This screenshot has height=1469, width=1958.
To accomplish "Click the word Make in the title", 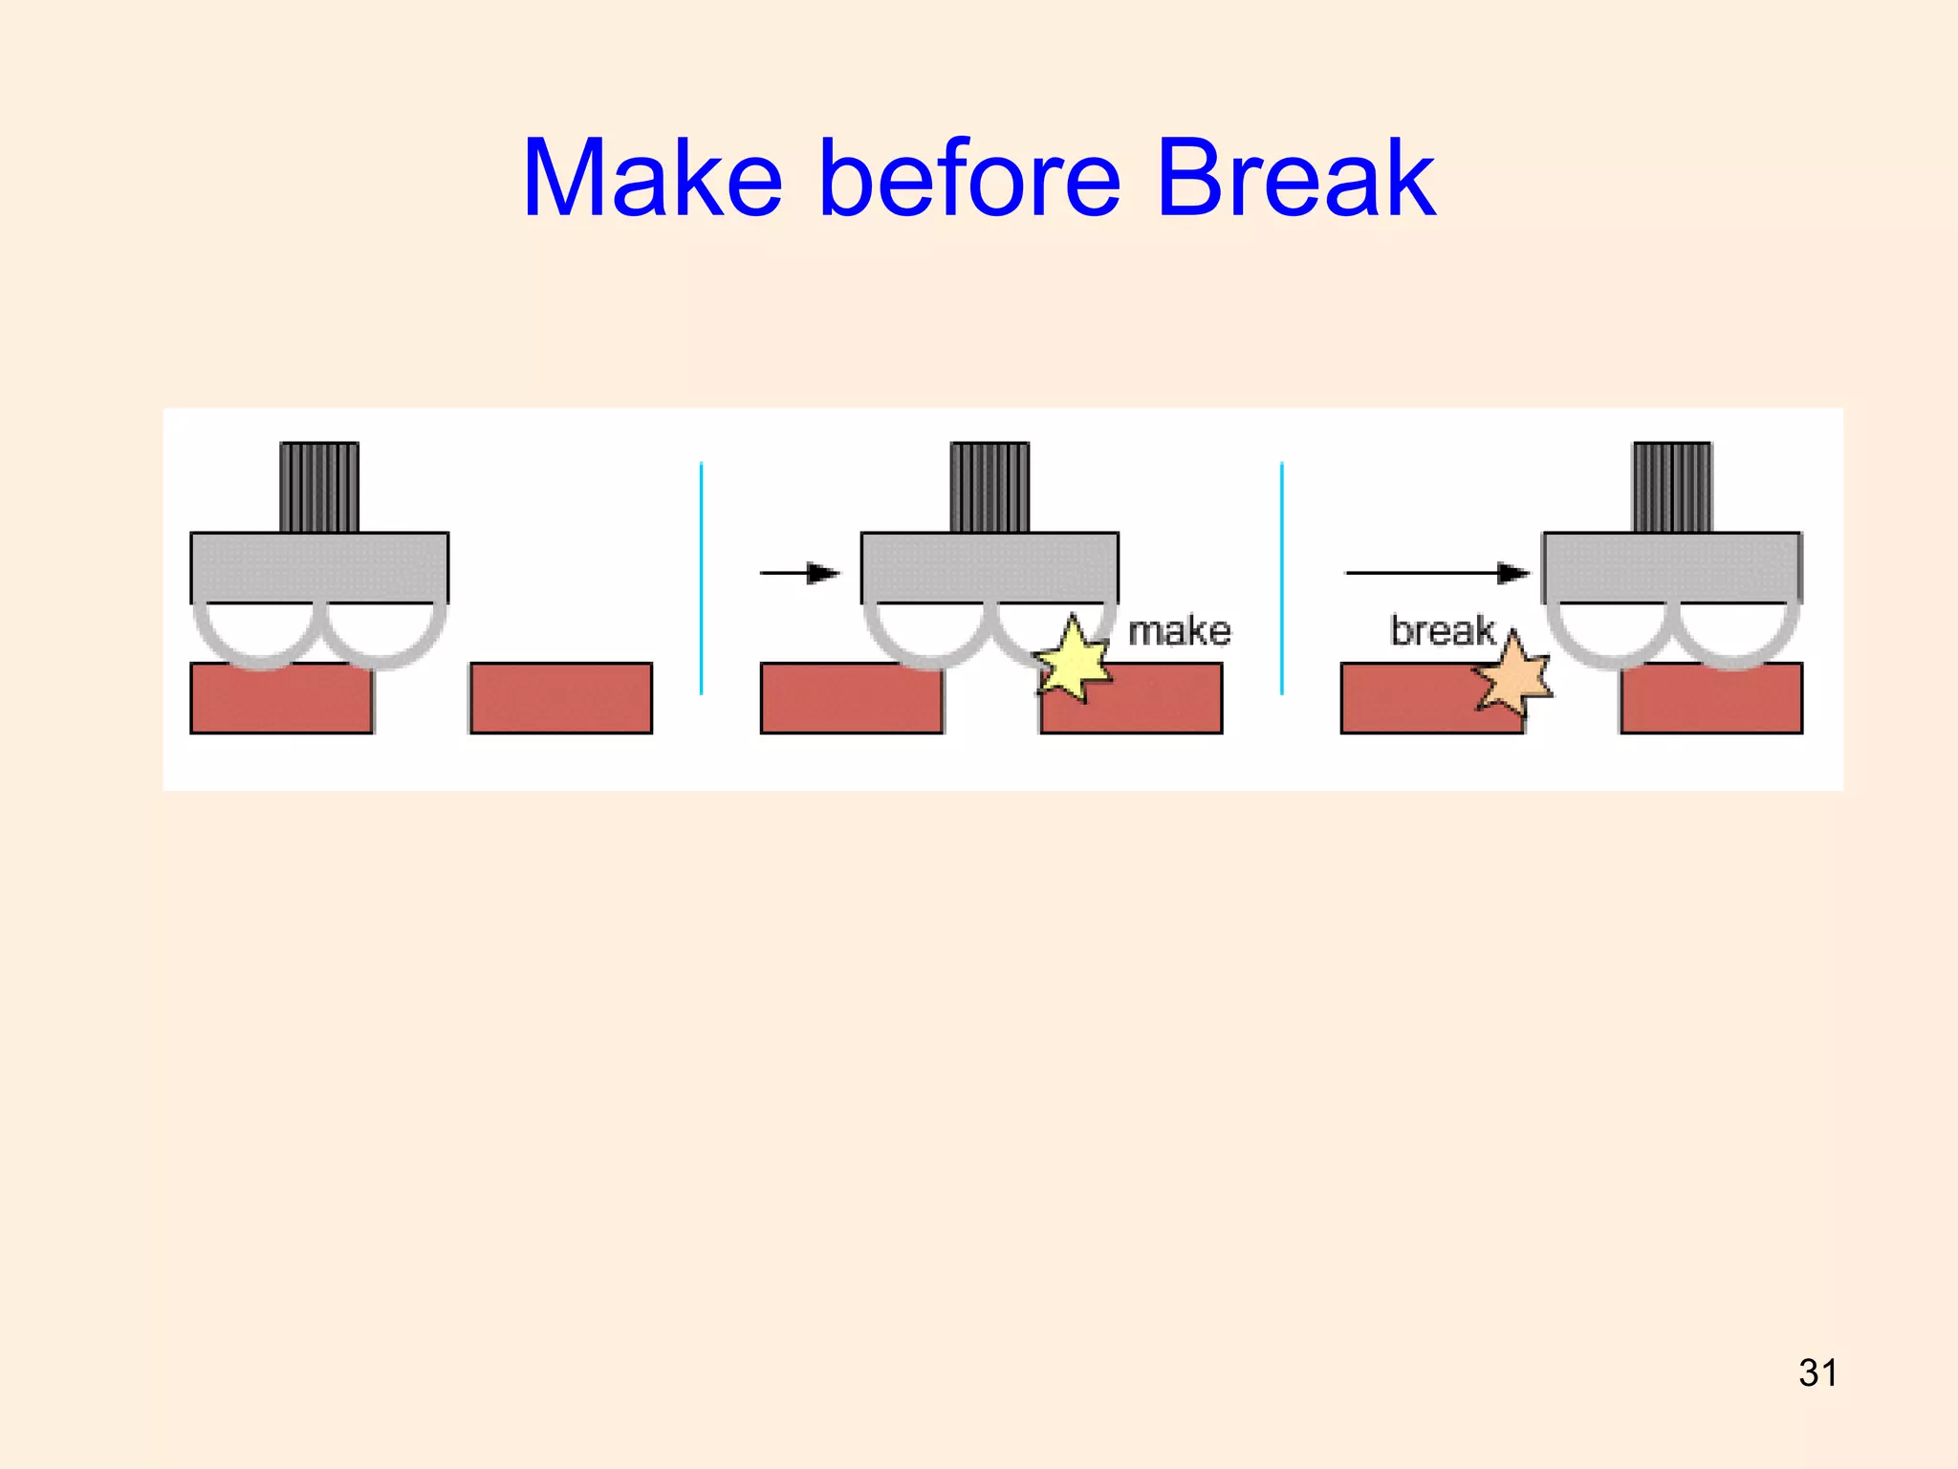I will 652,179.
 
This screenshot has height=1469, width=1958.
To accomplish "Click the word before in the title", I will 969,179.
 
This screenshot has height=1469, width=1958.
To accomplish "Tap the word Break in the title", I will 1295,179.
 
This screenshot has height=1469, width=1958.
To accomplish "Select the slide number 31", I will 1817,1372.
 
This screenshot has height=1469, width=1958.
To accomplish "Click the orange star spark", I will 1513,673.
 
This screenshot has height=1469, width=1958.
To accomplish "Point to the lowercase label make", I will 1179,631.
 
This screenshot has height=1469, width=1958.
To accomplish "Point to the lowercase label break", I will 1442,631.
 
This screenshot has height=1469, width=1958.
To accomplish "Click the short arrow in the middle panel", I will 799,573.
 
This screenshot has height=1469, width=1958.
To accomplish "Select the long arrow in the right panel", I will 1436,573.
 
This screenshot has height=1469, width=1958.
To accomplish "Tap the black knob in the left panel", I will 319,487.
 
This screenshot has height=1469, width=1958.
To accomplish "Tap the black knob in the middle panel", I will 990,487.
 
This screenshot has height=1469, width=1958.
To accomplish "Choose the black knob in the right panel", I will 1672,487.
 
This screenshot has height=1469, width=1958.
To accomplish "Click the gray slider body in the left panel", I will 319,567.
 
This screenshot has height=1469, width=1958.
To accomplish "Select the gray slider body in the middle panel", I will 990,567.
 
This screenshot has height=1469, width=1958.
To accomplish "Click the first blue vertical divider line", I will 701,579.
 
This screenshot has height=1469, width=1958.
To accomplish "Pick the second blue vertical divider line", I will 1281,579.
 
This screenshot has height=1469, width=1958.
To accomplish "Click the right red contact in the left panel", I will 561,698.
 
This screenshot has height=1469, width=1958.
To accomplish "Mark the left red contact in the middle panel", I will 851,698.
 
